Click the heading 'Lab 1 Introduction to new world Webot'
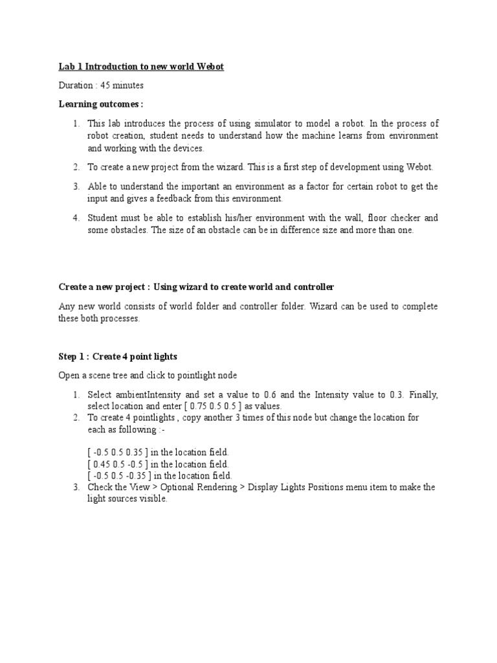coord(141,67)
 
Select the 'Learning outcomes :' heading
coord(101,104)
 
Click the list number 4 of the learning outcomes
coord(76,218)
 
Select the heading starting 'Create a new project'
coord(196,287)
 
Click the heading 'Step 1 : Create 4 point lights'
coord(118,357)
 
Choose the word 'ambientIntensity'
coord(148,394)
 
